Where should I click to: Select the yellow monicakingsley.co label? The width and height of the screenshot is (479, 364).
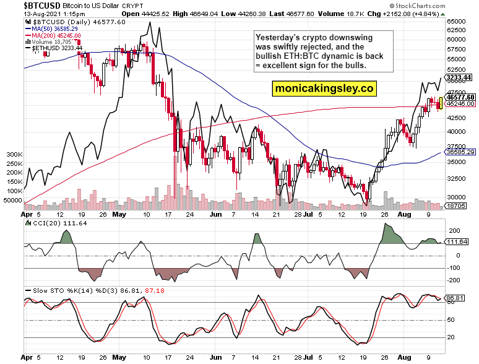[324, 89]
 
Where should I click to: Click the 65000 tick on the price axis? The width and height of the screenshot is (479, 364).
[457, 21]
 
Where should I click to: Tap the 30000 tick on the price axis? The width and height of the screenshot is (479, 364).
[457, 197]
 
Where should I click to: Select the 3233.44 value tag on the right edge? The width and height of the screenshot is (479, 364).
[459, 77]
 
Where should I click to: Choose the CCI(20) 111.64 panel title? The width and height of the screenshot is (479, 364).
[50, 222]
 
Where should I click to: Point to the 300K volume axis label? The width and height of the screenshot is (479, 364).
[14, 154]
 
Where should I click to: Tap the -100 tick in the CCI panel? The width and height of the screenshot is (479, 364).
[453, 268]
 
